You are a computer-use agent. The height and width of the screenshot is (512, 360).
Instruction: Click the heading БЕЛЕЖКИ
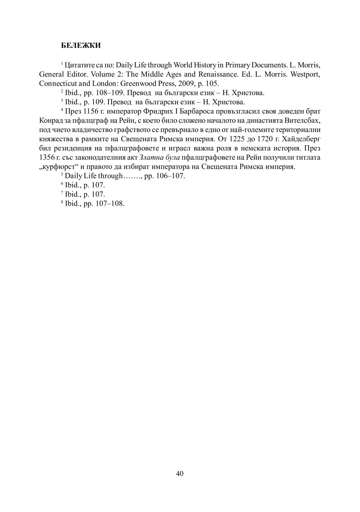[81, 46]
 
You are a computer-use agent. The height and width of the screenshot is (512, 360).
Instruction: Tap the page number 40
[180, 473]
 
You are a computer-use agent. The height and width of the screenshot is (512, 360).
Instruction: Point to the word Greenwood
[141, 83]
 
